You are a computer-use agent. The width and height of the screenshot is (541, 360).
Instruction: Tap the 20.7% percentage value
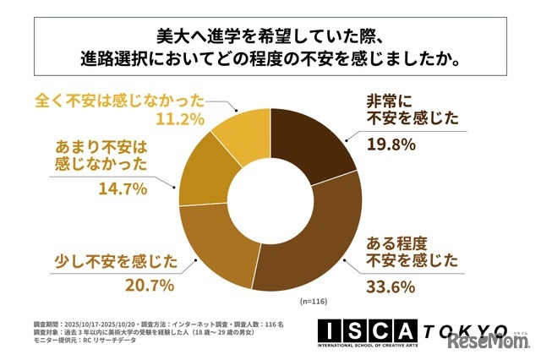[152, 287]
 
